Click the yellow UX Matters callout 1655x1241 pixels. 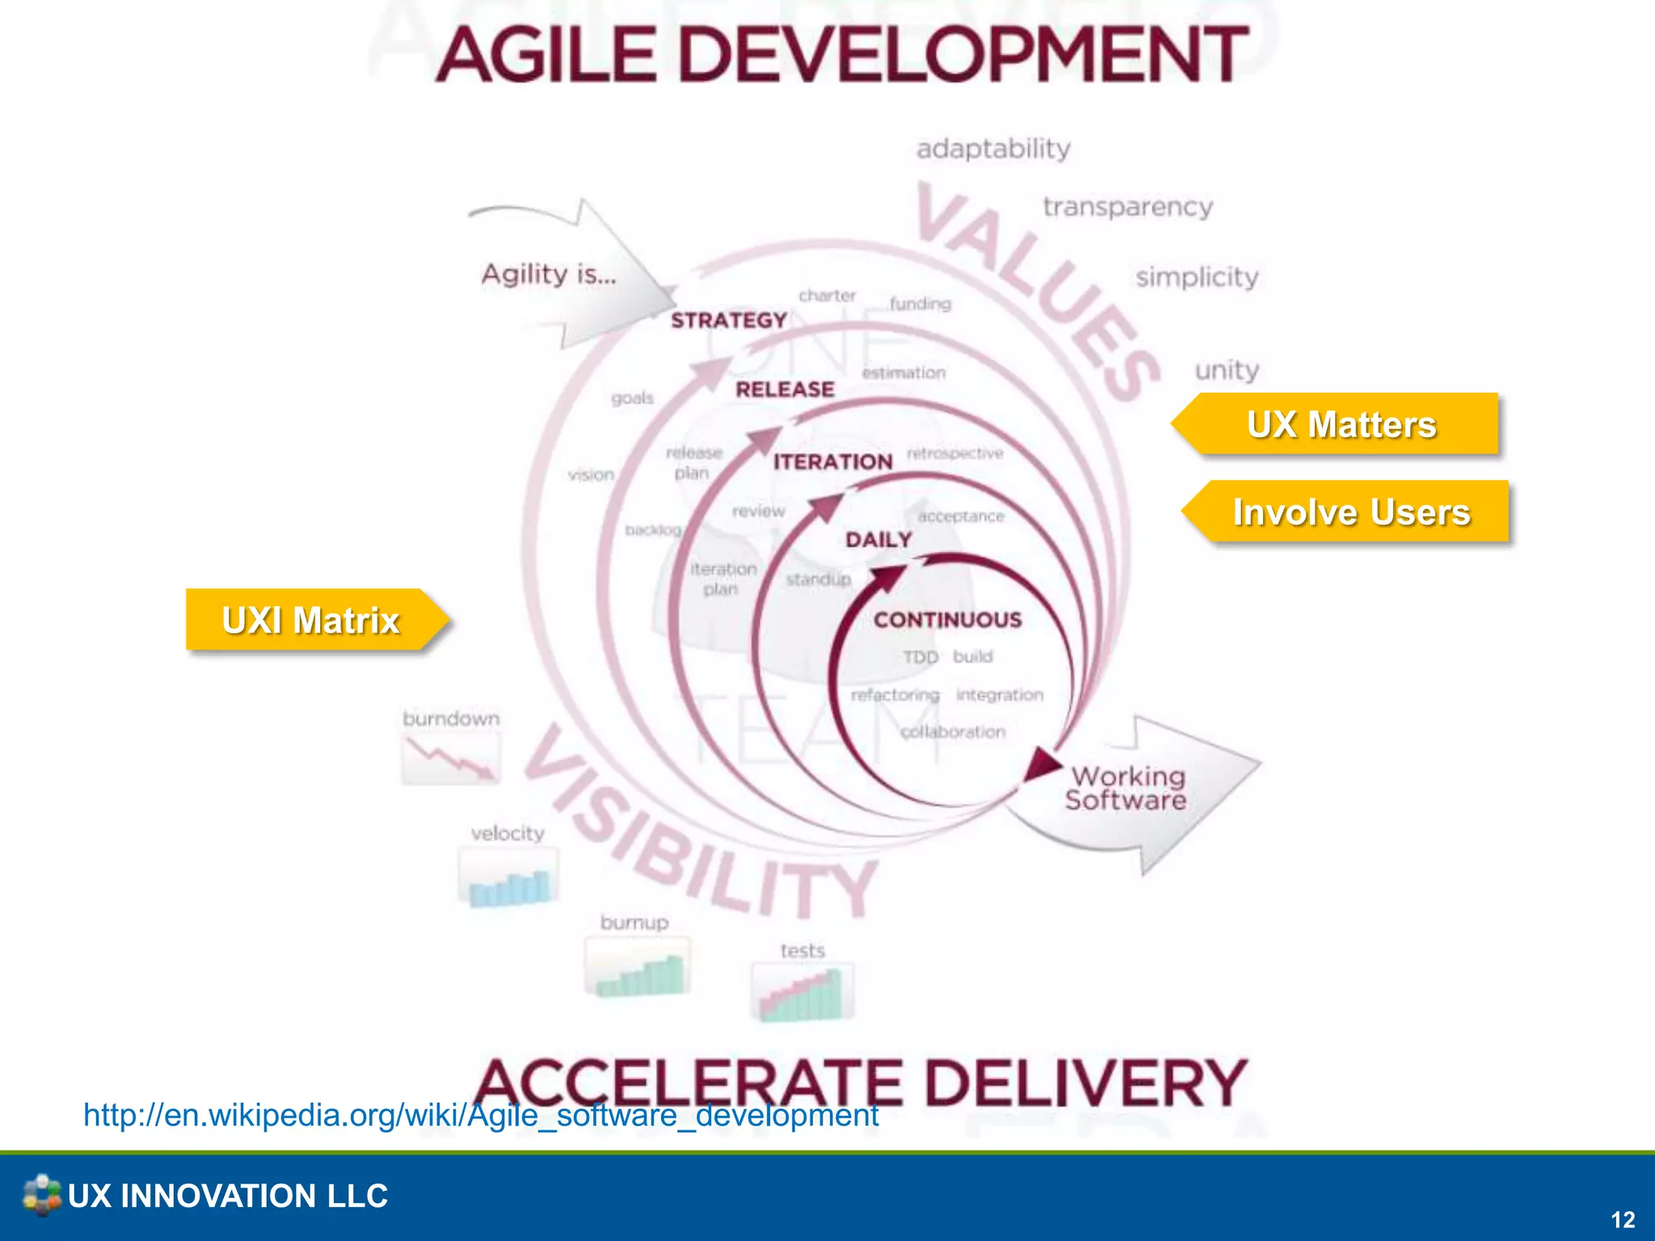1341,424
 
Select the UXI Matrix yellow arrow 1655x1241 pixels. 311,620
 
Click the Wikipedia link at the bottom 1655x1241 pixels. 481,1115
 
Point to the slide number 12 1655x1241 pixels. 1623,1219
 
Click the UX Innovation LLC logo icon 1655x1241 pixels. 41,1195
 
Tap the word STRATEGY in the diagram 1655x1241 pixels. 729,321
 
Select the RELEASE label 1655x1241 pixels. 785,389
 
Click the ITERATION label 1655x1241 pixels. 833,461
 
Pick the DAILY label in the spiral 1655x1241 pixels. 878,539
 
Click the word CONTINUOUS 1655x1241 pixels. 948,620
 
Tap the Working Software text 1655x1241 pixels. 1126,788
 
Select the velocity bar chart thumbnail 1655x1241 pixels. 508,877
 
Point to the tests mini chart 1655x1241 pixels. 802,992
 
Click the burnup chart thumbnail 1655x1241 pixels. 638,967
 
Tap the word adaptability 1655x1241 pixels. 993,149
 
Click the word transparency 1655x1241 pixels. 1127,207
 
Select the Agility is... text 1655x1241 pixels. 549,274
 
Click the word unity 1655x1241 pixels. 1227,370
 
